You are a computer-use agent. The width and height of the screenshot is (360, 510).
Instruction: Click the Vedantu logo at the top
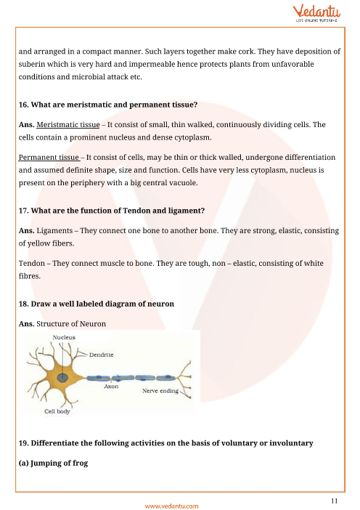pyautogui.click(x=316, y=13)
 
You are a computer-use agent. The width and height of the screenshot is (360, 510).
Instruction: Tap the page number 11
pyautogui.click(x=335, y=501)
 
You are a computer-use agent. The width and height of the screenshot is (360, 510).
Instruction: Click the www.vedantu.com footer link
pyautogui.click(x=171, y=506)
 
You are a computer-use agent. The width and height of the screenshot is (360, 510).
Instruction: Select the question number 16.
pyautogui.click(x=23, y=105)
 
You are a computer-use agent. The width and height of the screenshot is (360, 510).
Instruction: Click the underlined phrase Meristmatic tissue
pyautogui.click(x=68, y=124)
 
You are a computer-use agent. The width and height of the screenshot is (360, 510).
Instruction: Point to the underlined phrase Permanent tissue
pyautogui.click(x=49, y=158)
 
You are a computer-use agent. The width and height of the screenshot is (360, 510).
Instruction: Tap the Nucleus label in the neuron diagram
pyautogui.click(x=64, y=337)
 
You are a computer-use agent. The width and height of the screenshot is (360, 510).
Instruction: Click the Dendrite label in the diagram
pyautogui.click(x=102, y=355)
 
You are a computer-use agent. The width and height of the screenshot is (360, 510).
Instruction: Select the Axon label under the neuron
pyautogui.click(x=111, y=386)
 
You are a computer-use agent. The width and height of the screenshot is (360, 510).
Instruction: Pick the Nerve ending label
pyautogui.click(x=160, y=391)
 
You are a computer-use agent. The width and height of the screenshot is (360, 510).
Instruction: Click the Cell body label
pyautogui.click(x=57, y=411)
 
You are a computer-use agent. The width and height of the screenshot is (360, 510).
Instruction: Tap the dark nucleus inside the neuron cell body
pyautogui.click(x=62, y=378)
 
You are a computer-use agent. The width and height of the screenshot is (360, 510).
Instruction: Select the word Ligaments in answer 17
pyautogui.click(x=54, y=231)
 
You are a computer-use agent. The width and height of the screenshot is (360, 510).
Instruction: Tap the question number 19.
pyautogui.click(x=23, y=443)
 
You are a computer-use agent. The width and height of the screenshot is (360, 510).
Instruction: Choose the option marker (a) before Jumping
pyautogui.click(x=23, y=463)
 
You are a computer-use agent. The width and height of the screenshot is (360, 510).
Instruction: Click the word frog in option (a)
pyautogui.click(x=80, y=464)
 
